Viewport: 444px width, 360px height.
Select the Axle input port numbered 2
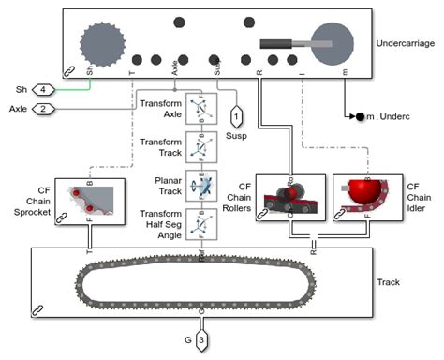44,110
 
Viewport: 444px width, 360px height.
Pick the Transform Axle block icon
200,109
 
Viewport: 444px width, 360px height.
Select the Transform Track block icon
200,146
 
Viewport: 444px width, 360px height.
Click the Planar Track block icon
200,185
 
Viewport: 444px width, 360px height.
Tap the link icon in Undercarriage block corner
68,71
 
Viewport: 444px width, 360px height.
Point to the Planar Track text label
160,184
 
